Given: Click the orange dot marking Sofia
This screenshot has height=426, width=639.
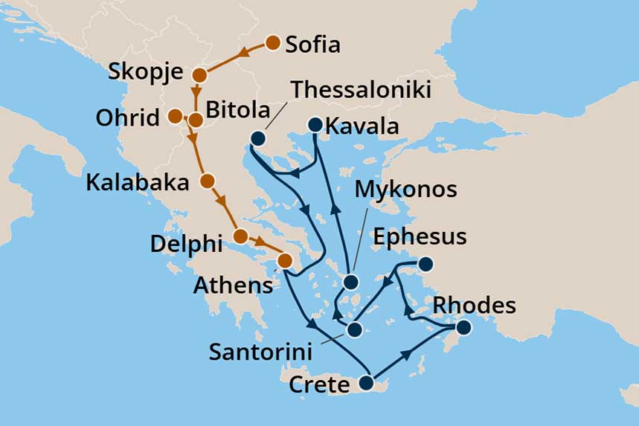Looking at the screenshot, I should point(272,43).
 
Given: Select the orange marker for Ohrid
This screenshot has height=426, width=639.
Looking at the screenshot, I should point(174,116).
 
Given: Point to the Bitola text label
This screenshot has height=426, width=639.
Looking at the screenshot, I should point(239,111).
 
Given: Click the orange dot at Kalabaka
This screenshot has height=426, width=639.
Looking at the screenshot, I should point(208,181).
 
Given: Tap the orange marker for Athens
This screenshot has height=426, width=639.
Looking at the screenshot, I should point(284,261).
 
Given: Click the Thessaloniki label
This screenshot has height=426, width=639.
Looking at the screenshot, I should point(361,89).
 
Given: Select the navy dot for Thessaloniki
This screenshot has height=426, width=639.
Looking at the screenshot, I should point(258,138).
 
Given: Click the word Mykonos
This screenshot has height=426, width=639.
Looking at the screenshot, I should point(405,189).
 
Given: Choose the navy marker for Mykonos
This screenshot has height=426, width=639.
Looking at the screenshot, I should point(350,283).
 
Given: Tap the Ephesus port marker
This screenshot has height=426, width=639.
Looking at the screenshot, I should point(426,264).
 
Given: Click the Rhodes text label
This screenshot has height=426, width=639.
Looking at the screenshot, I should point(474,305).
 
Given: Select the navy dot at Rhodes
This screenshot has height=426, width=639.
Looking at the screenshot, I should point(463,327).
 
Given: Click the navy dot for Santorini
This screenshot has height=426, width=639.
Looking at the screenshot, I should point(355,329).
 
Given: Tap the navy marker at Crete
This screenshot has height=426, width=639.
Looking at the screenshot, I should point(366,384).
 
